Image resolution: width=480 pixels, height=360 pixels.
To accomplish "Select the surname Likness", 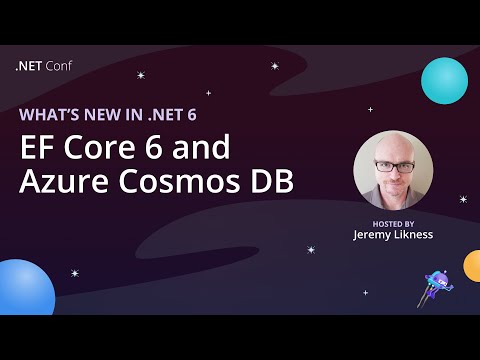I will (x=413, y=236).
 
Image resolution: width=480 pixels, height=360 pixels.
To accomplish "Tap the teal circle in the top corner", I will (x=444, y=80).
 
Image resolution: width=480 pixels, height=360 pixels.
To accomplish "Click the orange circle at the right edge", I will (x=473, y=266).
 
